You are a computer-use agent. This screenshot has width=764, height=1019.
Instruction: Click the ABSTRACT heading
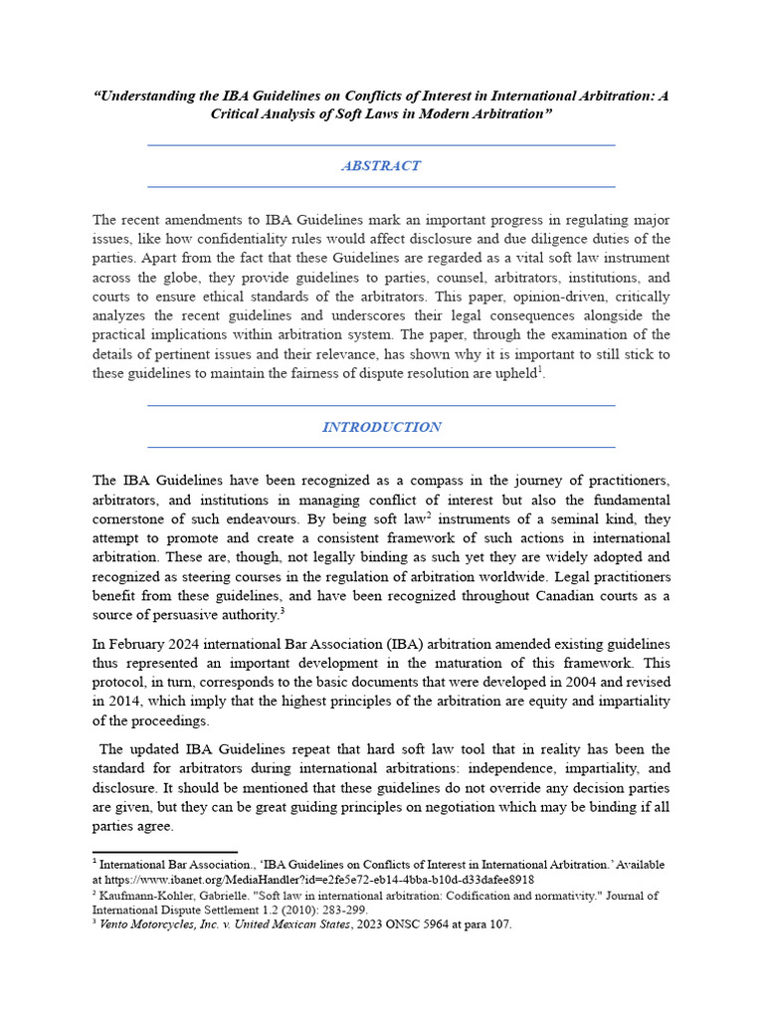[x=381, y=166]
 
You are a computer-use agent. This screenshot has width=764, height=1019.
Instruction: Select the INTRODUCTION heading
[x=381, y=427]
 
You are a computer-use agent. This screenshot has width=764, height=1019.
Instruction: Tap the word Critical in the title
[x=236, y=114]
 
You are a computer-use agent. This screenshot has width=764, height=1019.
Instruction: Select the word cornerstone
[x=134, y=518]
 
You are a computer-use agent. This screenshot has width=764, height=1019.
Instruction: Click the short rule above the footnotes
[x=165, y=852]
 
